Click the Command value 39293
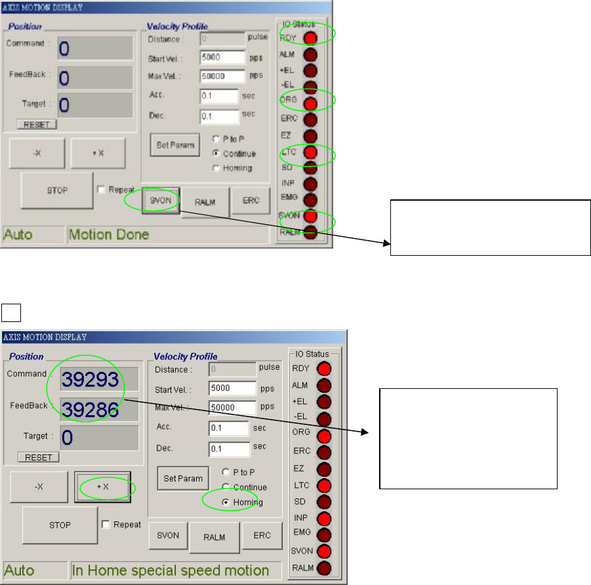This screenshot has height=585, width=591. click(x=91, y=380)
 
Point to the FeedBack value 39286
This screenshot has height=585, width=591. click(x=91, y=409)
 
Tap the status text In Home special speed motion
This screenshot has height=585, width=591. click(x=170, y=570)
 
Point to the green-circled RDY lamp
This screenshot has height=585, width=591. click(x=310, y=37)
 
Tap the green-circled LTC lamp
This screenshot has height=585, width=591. click(x=310, y=153)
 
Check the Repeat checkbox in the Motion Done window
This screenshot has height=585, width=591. click(x=101, y=190)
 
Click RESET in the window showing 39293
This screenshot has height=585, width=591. click(x=38, y=457)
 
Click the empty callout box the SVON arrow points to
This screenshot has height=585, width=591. click(x=491, y=227)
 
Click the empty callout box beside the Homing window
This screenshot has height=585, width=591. click(x=468, y=439)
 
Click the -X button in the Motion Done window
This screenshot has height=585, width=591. click(x=37, y=153)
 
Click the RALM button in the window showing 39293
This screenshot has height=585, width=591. click(x=214, y=537)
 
